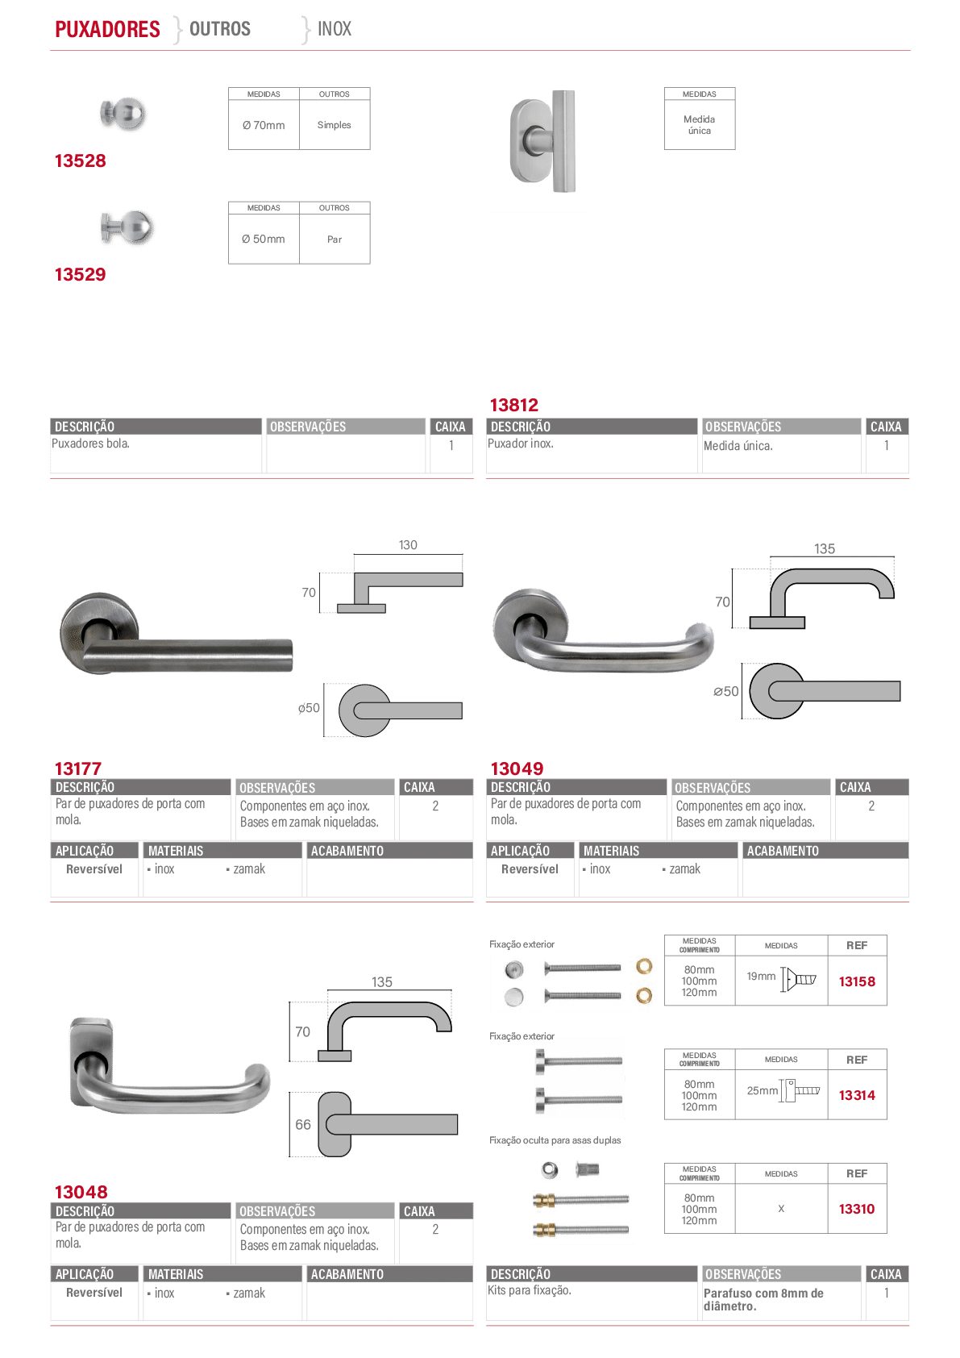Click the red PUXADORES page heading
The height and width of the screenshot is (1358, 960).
point(107,29)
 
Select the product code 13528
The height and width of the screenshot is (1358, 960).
point(80,160)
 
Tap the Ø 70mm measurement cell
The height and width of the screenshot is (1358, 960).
point(264,125)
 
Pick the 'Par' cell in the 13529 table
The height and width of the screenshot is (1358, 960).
point(335,240)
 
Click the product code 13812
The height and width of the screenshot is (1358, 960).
point(514,405)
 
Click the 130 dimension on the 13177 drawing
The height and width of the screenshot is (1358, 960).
point(408,545)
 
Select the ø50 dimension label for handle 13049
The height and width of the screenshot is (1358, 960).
point(726,691)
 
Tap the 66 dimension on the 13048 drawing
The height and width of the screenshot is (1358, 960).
point(303,1125)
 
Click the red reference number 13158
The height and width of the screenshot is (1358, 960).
point(857,981)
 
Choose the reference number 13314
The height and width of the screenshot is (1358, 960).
point(857,1095)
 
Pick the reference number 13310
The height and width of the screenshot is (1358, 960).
point(857,1209)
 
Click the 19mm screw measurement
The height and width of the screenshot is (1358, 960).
point(761,976)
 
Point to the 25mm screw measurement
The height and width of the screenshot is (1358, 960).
point(763,1090)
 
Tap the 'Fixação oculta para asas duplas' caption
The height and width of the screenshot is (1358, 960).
point(555,1140)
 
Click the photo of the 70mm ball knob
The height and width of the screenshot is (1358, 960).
point(123,114)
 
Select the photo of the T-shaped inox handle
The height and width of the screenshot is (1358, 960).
point(543,140)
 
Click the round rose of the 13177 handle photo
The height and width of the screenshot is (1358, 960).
point(97,631)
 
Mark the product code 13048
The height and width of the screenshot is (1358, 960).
point(81,1192)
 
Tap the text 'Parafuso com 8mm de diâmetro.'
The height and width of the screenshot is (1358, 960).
point(763,1299)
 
